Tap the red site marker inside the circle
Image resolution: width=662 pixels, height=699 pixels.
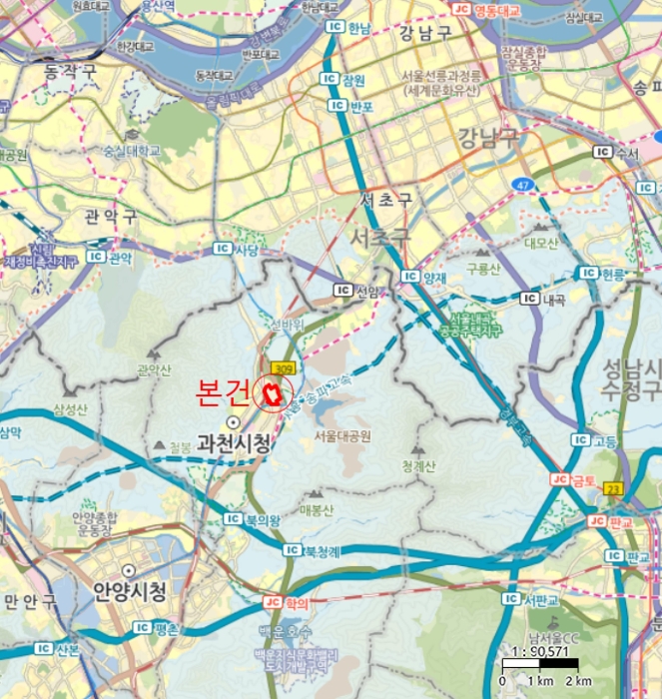(x=270, y=393)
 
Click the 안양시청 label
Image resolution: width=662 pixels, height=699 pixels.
(x=129, y=590)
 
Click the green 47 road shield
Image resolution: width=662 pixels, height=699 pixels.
(x=523, y=185)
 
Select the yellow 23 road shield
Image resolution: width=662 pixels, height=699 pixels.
(x=614, y=488)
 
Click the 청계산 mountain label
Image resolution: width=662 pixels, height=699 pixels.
(x=419, y=464)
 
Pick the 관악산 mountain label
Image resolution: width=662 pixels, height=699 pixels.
(x=155, y=370)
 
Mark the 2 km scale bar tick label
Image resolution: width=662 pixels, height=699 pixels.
(x=581, y=681)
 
